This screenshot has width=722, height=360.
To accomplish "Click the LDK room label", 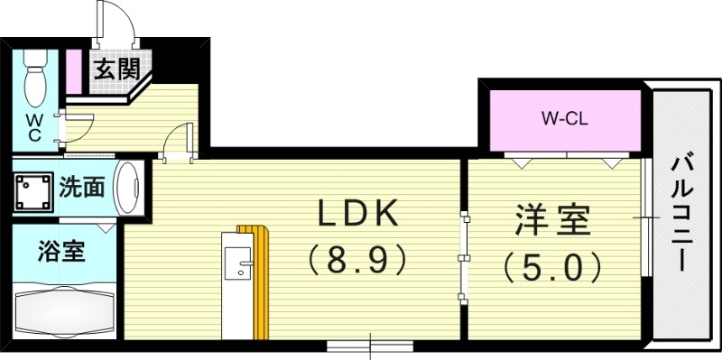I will coord(356,213).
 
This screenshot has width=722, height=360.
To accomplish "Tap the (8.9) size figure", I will coord(356,261).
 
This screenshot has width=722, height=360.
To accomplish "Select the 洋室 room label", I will coord(552,219).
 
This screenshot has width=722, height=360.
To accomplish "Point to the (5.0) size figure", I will coord(552,266).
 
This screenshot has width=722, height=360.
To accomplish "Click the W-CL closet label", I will coord(564,118).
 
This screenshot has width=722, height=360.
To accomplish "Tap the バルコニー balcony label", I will coord(683,214).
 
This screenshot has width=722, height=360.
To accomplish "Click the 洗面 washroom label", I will coord(81,188).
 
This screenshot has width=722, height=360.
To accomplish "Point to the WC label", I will coord(33,126).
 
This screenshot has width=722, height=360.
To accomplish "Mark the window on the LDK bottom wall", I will coord(369,345).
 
